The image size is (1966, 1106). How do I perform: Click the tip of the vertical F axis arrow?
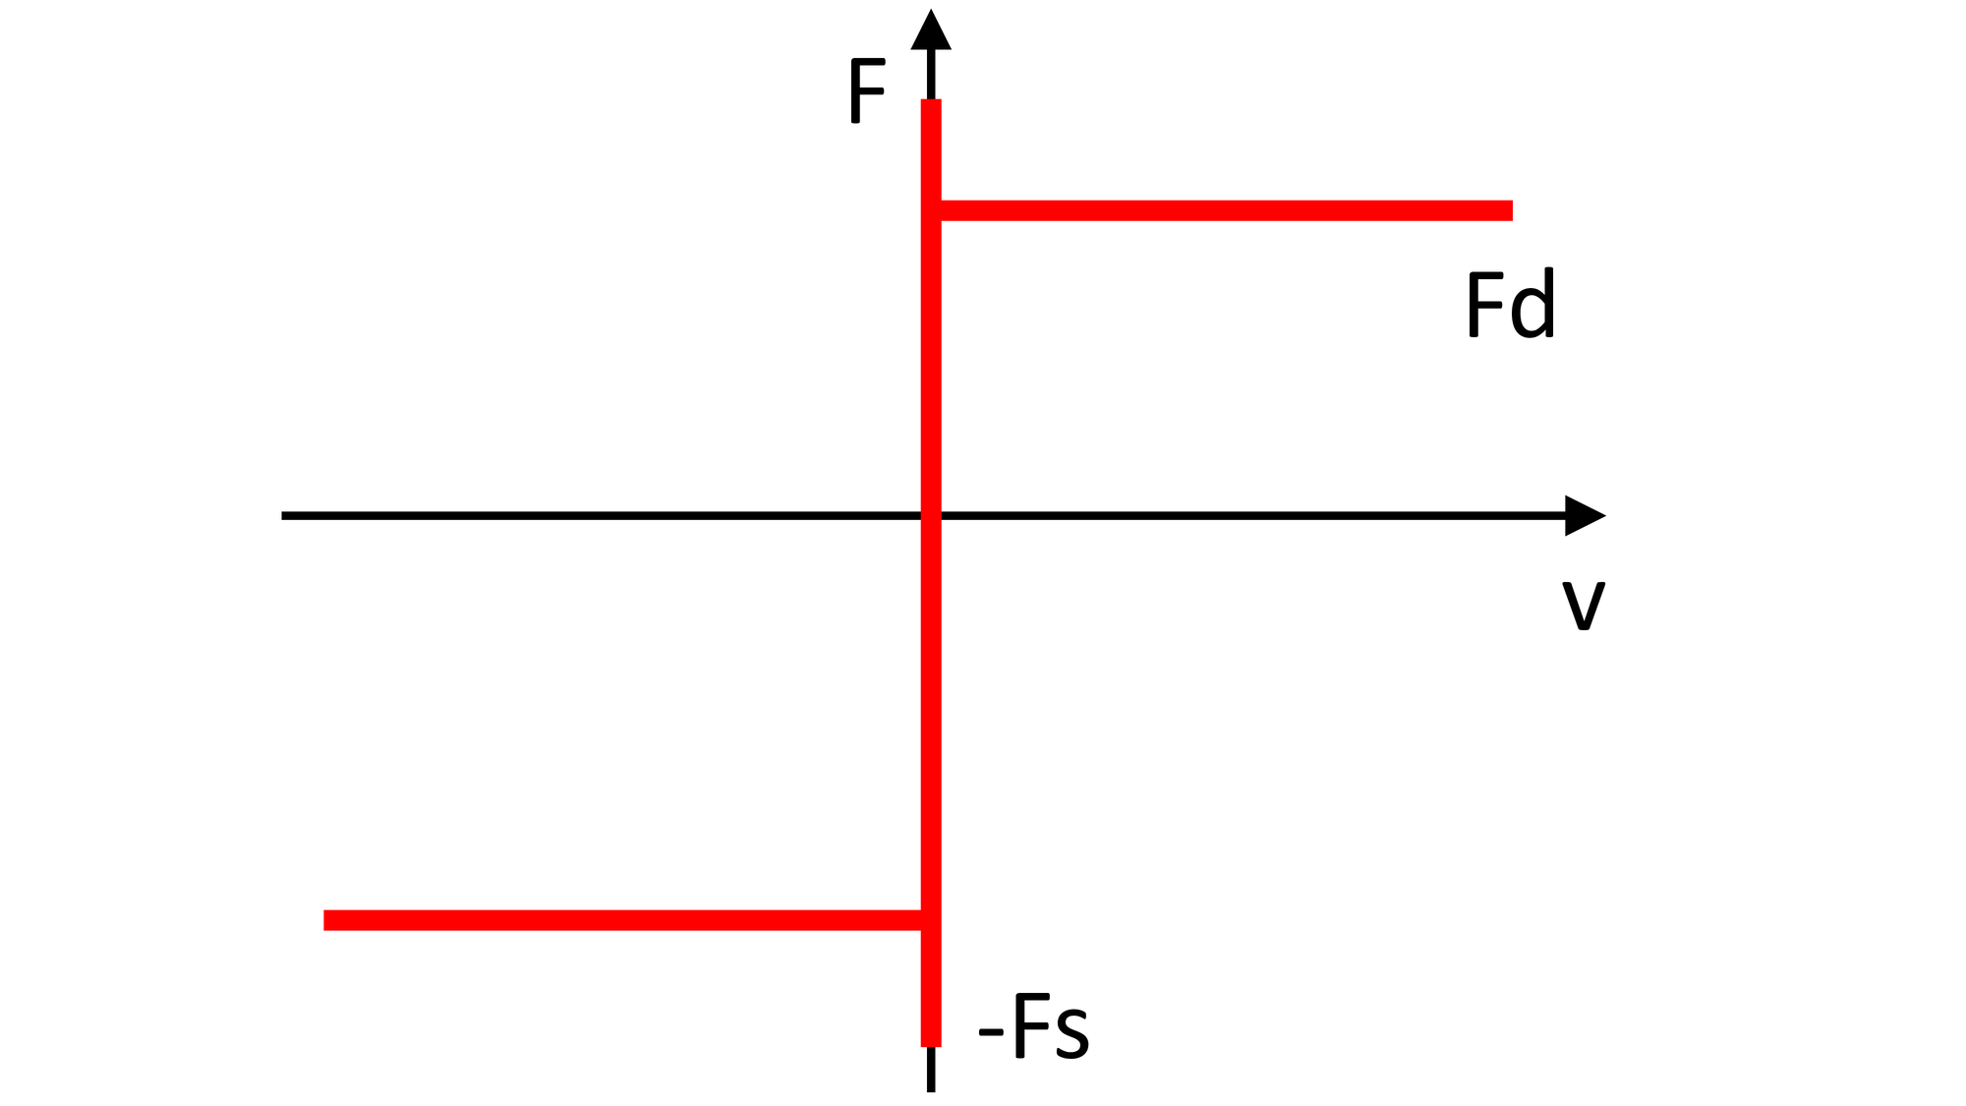pyautogui.click(x=931, y=9)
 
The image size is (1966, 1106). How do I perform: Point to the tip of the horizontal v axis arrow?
pyautogui.click(x=1606, y=515)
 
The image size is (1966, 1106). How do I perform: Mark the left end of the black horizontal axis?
pyautogui.click(x=282, y=515)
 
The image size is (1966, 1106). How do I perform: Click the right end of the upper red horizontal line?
pyautogui.click(x=1512, y=210)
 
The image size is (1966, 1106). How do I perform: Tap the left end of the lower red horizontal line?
pyautogui.click(x=324, y=920)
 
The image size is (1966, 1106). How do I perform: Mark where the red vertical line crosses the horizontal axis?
pyautogui.click(x=931, y=515)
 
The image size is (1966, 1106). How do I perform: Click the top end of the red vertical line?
pyautogui.click(x=931, y=100)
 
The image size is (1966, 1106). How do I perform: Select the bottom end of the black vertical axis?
pyautogui.click(x=931, y=1091)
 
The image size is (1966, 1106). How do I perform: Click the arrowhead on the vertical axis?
pyautogui.click(x=931, y=31)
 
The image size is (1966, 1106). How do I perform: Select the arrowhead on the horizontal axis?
pyautogui.click(x=1585, y=515)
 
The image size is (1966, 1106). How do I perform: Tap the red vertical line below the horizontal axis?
pyautogui.click(x=931, y=782)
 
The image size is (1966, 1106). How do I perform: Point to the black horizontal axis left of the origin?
pyautogui.click(x=602, y=515)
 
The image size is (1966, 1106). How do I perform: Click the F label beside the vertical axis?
pyautogui.click(x=867, y=91)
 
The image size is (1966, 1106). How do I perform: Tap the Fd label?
pyautogui.click(x=1511, y=303)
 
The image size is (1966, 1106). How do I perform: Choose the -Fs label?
pyautogui.click(x=1034, y=1026)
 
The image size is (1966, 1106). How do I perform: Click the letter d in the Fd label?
pyautogui.click(x=1532, y=303)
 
